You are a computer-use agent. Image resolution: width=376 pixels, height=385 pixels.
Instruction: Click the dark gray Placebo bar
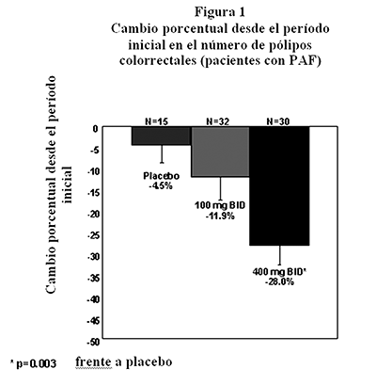161,136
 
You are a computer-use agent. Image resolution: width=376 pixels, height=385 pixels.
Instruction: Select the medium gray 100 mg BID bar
220,152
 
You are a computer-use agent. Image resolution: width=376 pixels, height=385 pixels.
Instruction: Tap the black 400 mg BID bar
279,186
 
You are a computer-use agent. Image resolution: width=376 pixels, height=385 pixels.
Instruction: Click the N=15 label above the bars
156,121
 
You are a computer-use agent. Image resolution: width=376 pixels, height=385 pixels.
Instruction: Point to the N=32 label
217,121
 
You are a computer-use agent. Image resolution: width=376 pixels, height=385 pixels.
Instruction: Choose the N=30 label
278,121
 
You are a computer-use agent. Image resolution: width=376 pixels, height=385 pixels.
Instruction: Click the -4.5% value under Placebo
161,185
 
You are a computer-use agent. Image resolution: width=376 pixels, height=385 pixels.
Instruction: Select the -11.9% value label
220,217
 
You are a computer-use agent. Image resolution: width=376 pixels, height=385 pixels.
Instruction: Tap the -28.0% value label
279,281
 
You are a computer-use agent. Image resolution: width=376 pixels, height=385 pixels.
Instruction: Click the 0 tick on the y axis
95,128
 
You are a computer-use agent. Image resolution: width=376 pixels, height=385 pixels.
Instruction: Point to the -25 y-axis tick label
93,235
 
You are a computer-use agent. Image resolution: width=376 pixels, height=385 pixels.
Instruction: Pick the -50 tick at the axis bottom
93,342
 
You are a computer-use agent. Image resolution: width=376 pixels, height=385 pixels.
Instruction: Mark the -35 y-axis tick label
93,278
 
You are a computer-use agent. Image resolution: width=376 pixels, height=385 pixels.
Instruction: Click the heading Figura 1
220,12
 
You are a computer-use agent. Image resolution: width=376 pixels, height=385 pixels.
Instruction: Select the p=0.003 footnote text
37,364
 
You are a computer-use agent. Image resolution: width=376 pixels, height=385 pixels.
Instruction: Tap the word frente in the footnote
93,361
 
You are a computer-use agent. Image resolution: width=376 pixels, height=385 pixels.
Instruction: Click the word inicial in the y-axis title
68,184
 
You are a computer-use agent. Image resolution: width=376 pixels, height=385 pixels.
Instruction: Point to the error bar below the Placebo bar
162,154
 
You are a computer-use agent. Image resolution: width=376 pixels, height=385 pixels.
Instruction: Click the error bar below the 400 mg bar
279,255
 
